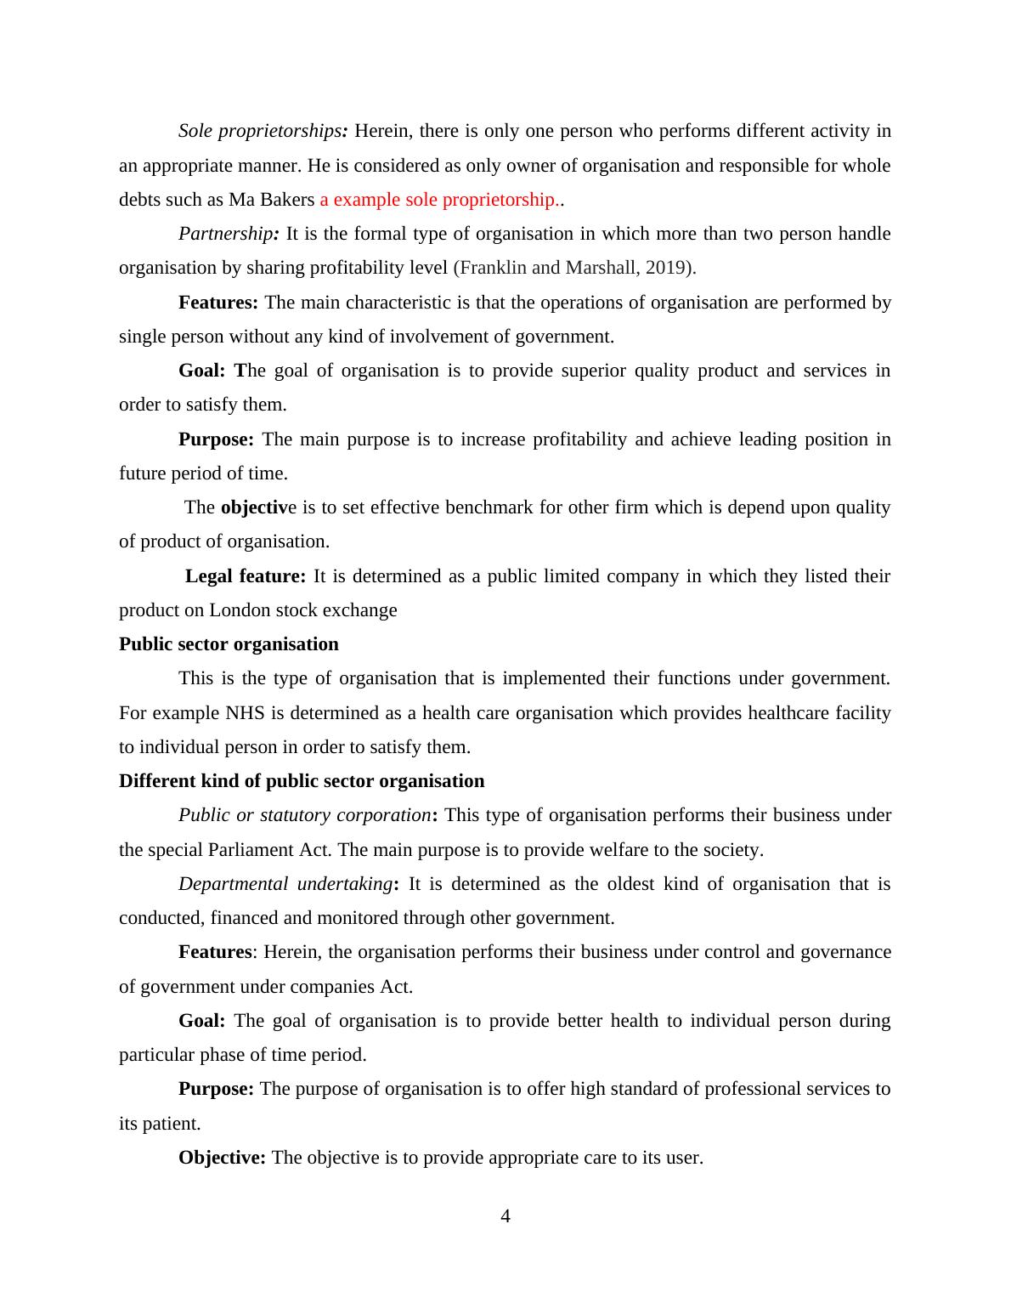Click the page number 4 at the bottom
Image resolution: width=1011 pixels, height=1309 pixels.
pos(505,1216)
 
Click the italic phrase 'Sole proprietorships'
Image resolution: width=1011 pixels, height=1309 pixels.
pos(259,131)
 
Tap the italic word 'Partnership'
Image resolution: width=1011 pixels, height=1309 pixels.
pos(224,234)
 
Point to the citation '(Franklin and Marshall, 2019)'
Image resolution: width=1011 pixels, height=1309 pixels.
pos(574,268)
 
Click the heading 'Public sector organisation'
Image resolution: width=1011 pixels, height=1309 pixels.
pos(229,644)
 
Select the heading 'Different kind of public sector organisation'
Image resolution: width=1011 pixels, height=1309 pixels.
pos(302,781)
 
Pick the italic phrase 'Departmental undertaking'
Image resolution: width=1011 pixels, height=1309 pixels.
pos(285,884)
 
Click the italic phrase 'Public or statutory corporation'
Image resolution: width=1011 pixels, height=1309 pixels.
pos(304,815)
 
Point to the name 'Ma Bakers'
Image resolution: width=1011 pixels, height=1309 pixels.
pos(272,200)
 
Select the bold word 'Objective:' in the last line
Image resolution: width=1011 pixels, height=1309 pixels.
pos(222,1158)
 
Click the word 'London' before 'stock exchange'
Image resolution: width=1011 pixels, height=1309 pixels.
pos(239,610)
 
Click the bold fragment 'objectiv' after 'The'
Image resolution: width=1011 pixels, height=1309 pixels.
pos(253,507)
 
